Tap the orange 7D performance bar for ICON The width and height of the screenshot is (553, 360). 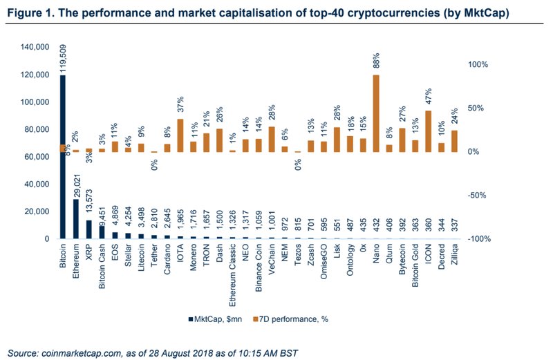pyautogui.click(x=429, y=131)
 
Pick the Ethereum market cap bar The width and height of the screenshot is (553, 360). pyautogui.click(x=76, y=219)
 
